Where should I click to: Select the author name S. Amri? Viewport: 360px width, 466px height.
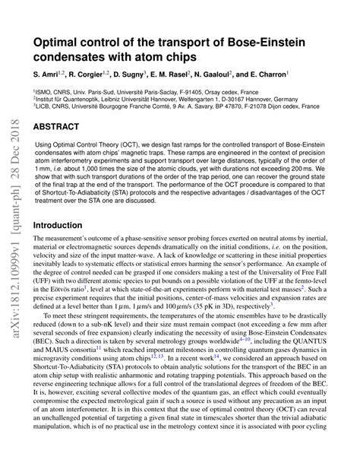coord(46,77)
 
